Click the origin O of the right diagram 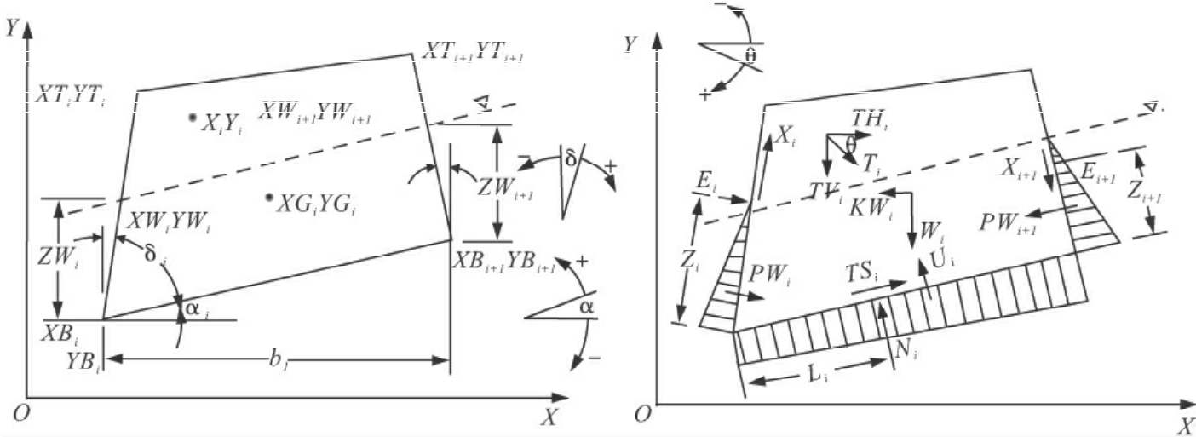tap(645, 414)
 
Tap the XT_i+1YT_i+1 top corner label tap(474, 53)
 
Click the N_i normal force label tap(904, 348)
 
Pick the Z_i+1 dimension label tap(1158, 194)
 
